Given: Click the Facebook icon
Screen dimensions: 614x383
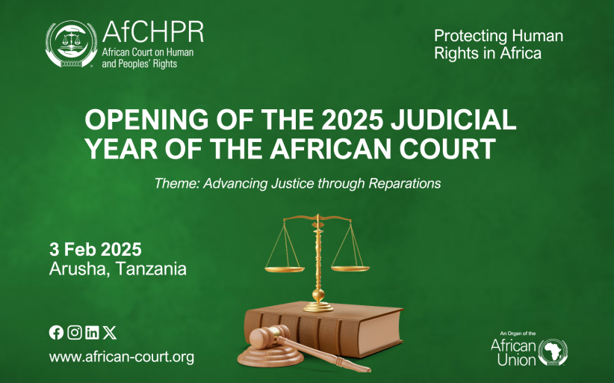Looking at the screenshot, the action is point(56,332).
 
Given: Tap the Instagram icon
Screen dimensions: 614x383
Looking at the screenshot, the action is point(75,332).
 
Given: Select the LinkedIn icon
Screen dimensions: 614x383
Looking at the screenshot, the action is point(92,332).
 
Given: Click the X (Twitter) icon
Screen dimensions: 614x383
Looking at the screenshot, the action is point(110,332).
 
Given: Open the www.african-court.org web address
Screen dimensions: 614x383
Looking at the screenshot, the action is point(122,357).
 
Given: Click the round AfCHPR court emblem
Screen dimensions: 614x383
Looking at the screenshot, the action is point(71,43).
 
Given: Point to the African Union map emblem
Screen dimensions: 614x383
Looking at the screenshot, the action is point(553,352).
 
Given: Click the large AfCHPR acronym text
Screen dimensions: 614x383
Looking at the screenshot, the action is point(152,31).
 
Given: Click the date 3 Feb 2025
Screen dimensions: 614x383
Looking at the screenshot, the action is point(96,249).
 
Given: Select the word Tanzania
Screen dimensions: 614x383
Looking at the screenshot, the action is point(151,269).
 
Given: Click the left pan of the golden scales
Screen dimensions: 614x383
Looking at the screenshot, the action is point(285,269).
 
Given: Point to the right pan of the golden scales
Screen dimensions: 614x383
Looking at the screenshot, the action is point(350,269).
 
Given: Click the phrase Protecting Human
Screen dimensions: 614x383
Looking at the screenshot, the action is point(498,36).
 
